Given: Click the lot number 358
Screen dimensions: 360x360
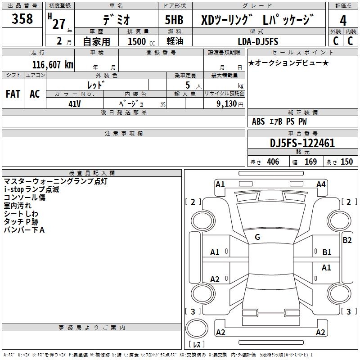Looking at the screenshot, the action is click(x=22, y=19).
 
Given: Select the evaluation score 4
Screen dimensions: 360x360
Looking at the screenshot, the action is click(x=343, y=21).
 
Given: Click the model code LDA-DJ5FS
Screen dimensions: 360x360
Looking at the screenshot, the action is click(x=257, y=41).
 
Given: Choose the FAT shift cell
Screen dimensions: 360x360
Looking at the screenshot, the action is click(x=13, y=94).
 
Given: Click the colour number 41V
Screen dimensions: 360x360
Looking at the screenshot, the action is click(x=74, y=103).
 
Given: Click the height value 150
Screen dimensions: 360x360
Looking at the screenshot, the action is click(x=346, y=162).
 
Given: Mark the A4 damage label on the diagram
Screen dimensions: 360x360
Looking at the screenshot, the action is click(x=321, y=184).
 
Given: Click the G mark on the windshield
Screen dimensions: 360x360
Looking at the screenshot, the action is click(x=257, y=237).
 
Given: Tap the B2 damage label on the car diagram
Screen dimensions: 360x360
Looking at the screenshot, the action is click(x=347, y=240).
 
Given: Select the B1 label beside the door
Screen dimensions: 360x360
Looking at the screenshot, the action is click(x=327, y=252).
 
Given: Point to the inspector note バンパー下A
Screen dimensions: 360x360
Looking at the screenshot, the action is click(x=24, y=230).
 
